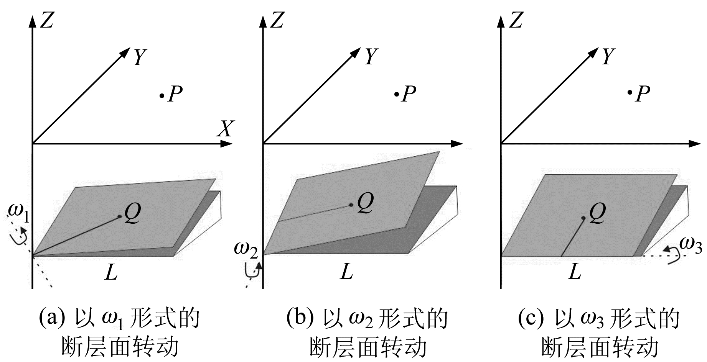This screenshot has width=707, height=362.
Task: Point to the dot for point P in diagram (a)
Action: [x=162, y=95]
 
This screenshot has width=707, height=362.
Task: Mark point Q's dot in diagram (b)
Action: [x=351, y=205]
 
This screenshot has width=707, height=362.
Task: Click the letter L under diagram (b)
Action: [x=346, y=272]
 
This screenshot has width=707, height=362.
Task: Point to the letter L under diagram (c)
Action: [x=574, y=272]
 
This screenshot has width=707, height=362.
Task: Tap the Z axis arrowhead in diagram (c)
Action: [x=501, y=20]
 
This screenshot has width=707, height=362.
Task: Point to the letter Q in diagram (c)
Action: [x=597, y=213]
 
